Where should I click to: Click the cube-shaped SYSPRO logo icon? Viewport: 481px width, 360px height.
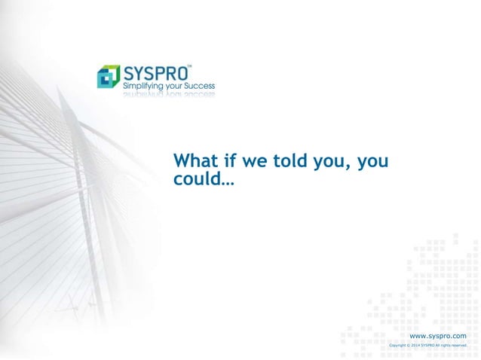tap(109, 77)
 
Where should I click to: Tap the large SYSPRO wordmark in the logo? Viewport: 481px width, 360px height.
tap(155, 74)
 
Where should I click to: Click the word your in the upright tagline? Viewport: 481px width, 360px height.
tap(175, 87)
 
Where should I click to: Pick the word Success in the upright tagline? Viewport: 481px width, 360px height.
tap(201, 87)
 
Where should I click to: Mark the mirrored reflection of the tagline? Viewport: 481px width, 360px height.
tap(168, 96)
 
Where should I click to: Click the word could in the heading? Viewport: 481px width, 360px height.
tap(195, 180)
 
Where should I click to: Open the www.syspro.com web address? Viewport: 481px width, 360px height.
tap(437, 336)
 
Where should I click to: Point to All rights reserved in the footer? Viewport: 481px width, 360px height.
tap(452, 346)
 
